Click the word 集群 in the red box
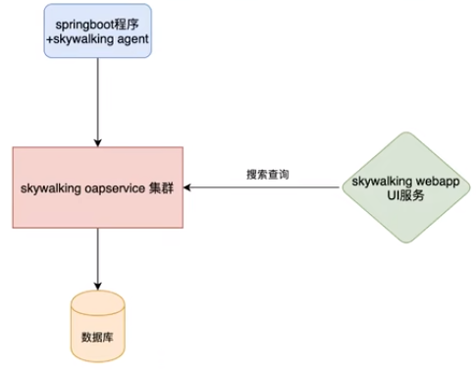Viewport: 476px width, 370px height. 162,187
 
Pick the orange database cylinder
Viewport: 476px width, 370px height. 97,325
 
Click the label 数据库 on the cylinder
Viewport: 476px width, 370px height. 97,335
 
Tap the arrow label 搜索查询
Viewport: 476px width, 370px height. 267,175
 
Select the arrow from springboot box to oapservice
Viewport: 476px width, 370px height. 97,98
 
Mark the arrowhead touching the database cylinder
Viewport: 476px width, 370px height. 97,284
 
